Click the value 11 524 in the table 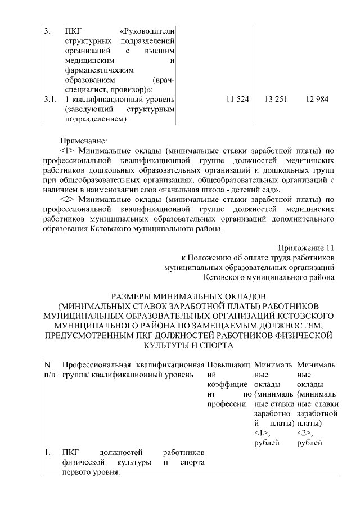tap(237, 100)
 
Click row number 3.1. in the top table tap(51, 100)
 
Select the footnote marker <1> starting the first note tap(67, 151)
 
